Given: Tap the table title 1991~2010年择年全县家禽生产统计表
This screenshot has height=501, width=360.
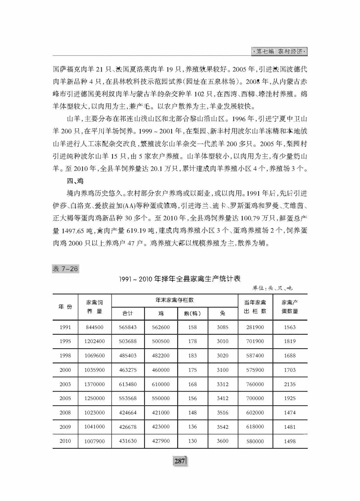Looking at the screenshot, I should pyautogui.click(x=180, y=278).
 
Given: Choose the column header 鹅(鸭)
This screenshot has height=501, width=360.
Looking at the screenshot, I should pyautogui.click(x=192, y=313).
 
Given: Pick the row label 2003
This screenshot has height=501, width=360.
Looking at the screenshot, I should pyautogui.click(x=65, y=384).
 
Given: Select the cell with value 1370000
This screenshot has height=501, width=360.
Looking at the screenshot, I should pyautogui.click(x=95, y=384).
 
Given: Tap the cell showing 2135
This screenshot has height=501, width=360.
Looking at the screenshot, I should pyautogui.click(x=290, y=384).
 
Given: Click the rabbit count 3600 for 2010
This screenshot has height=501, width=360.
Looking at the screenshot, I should pyautogui.click(x=222, y=441).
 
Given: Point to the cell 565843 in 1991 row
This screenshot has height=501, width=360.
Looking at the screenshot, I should pyautogui.click(x=128, y=327).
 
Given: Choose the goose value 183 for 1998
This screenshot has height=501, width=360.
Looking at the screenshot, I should pyautogui.click(x=192, y=356).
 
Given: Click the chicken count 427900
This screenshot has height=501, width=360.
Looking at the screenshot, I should pyautogui.click(x=161, y=441).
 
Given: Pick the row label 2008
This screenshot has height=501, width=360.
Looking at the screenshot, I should pyautogui.click(x=65, y=413).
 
